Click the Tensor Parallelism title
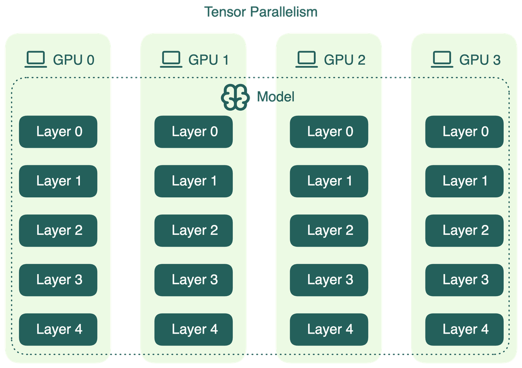261,11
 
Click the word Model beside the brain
275,97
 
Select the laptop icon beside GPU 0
36,59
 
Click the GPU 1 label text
208,60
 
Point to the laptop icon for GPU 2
307,59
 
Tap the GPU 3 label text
479,60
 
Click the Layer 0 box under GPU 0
58,132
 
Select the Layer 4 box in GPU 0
58,329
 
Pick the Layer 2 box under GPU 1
194,230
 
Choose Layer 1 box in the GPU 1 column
194,181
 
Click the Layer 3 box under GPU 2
329,280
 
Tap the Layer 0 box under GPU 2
329,132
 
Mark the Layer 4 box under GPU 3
465,329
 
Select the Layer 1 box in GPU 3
465,181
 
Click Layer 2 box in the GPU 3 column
465,230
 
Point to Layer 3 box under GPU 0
58,280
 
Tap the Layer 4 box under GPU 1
194,329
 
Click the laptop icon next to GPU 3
442,59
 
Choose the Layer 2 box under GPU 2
329,230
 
